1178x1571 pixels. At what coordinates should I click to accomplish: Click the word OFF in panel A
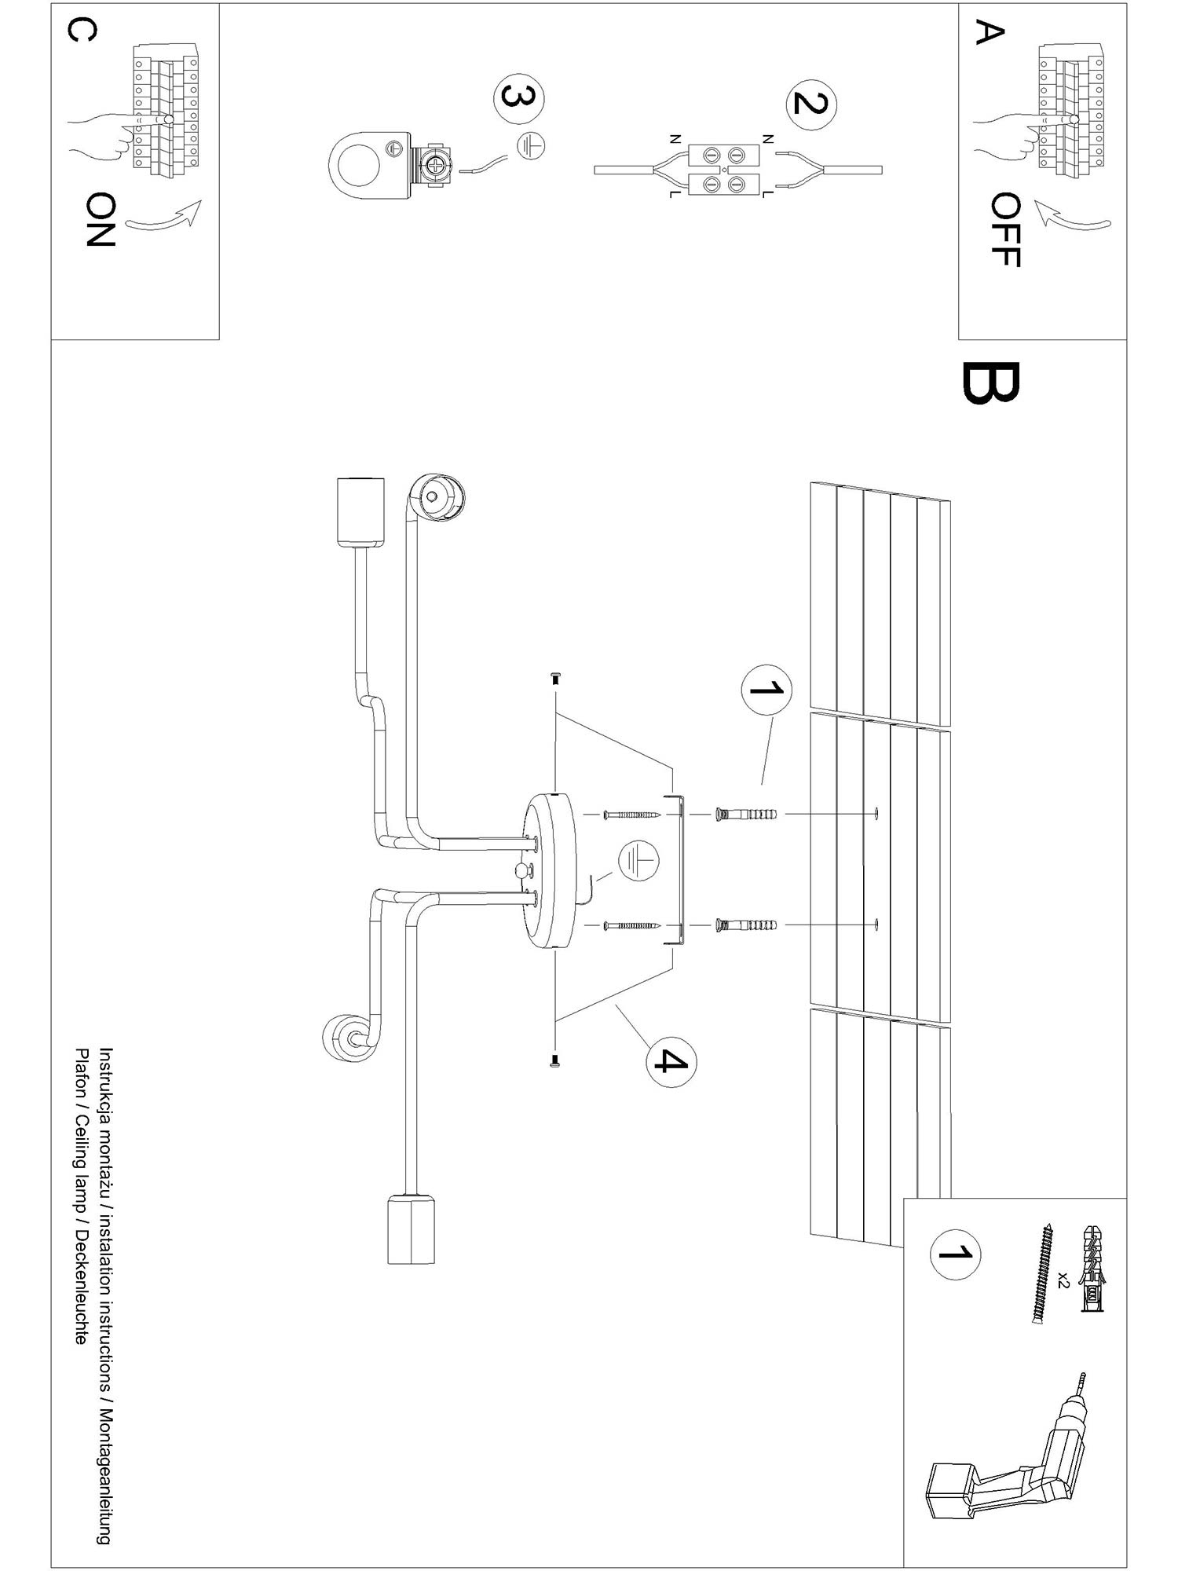pos(1004,229)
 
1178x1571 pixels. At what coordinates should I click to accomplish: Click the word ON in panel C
pos(101,220)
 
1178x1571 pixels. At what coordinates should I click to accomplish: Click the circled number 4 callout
pos(671,1061)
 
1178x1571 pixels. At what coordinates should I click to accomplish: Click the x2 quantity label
pos(1063,1280)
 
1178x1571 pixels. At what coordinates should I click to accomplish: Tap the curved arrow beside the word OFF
pos(1072,214)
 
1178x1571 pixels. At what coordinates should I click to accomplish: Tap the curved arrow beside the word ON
pos(163,218)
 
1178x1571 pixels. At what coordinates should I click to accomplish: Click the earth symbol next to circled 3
pos(532,146)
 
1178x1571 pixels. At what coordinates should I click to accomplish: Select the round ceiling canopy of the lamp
pos(551,870)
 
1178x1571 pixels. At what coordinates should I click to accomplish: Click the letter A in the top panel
pos(990,33)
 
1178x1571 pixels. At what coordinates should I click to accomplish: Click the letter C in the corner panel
pos(82,31)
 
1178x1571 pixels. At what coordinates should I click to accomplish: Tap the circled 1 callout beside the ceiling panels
pos(766,690)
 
